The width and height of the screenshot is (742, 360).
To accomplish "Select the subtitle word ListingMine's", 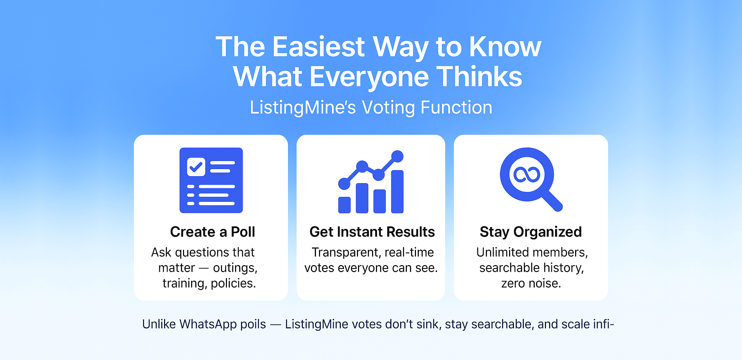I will [303, 108].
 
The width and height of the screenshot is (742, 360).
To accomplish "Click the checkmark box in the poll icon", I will [196, 167].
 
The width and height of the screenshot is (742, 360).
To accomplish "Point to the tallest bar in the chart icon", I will [397, 192].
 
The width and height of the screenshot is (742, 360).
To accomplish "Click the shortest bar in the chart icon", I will [344, 205].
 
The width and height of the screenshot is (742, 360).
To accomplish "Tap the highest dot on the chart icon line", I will [397, 156].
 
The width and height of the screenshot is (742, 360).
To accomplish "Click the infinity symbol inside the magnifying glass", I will [527, 174].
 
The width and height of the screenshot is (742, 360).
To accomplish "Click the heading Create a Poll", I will [213, 232].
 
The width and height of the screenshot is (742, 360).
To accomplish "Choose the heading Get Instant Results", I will [372, 232].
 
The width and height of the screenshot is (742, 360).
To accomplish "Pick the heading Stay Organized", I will [531, 232].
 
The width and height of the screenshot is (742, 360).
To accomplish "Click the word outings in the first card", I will [235, 268].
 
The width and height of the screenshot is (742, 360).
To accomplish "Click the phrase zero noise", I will [531, 283].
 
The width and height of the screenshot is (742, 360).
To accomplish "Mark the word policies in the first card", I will [233, 283].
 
